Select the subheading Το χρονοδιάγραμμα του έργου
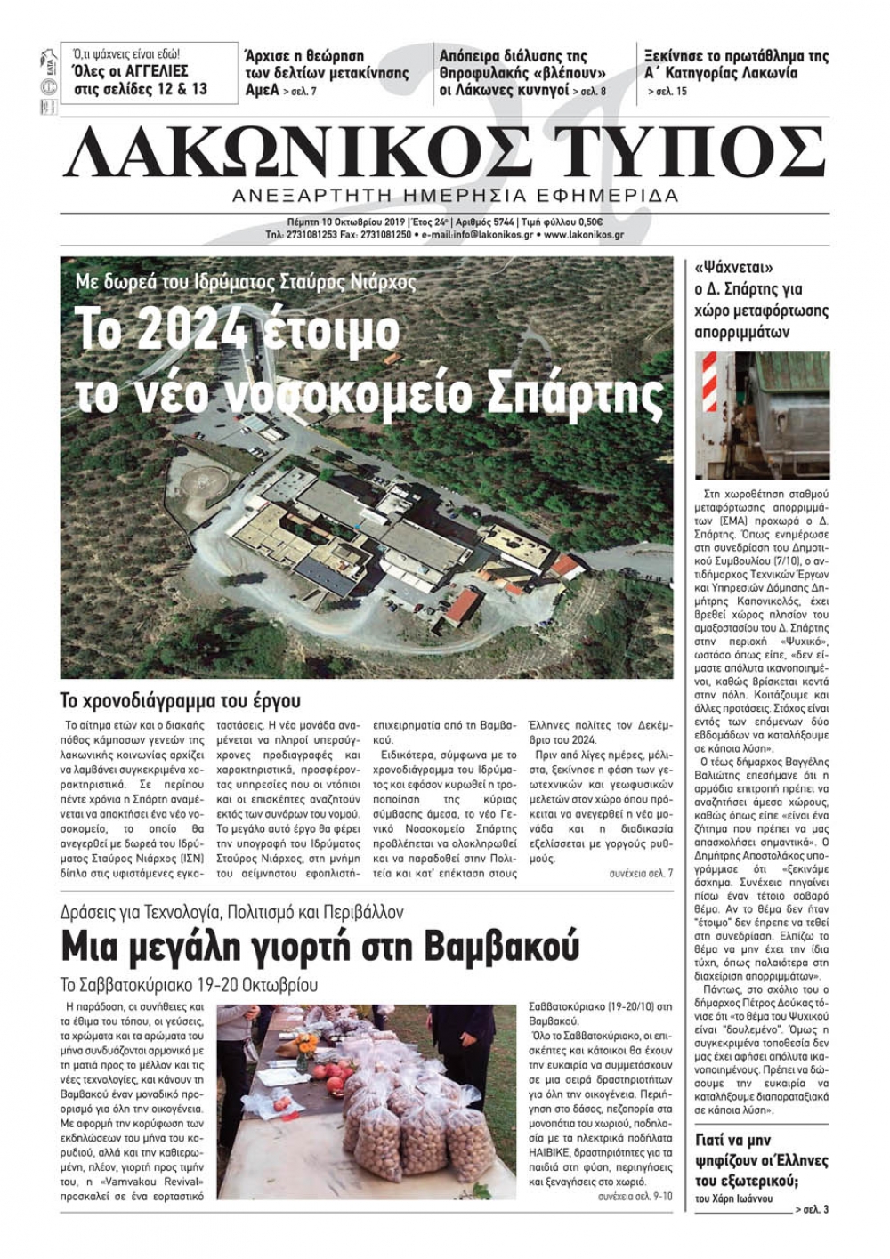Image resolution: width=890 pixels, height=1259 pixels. (x=181, y=700)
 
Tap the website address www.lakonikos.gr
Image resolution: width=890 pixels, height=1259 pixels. (x=583, y=235)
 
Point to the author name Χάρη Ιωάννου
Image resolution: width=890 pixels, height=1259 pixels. (x=741, y=1198)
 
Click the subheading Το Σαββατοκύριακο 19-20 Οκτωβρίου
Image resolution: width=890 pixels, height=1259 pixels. (x=189, y=986)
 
